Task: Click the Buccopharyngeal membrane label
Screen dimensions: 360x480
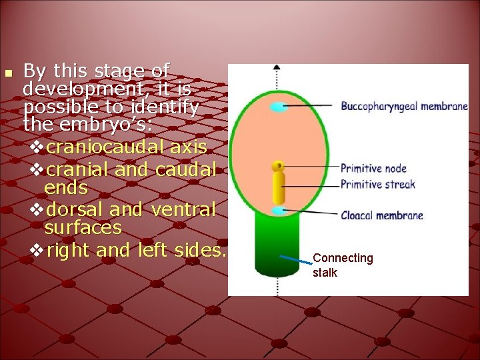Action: click(404, 106)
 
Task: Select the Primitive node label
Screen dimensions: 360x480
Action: click(373, 169)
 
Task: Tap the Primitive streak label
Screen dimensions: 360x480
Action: click(377, 184)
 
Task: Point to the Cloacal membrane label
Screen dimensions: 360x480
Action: click(381, 215)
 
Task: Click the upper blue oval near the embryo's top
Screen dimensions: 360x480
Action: click(279, 107)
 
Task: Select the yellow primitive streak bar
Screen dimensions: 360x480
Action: click(279, 187)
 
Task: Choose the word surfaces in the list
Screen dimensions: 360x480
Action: click(83, 228)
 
